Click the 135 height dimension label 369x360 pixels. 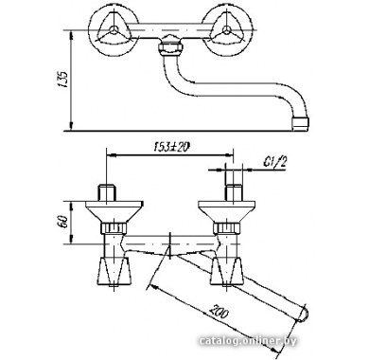click(x=63, y=80)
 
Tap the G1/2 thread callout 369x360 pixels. click(x=273, y=163)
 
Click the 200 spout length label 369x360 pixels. click(x=219, y=311)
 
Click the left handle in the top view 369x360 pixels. click(x=113, y=30)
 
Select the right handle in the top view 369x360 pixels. click(x=227, y=30)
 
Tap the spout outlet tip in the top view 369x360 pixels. click(x=301, y=124)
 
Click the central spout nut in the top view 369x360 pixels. click(x=170, y=48)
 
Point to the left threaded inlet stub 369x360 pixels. click(x=107, y=191)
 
